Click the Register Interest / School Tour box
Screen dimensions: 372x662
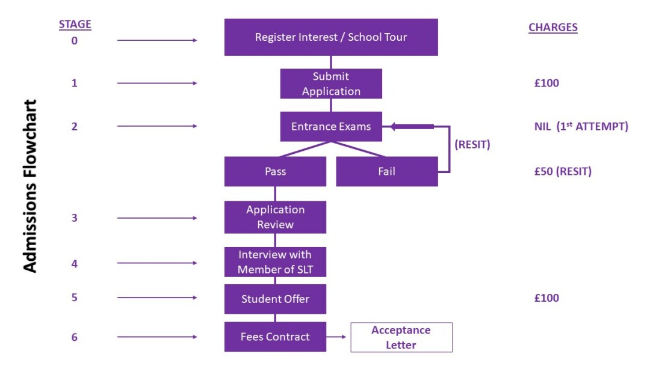pos(331,37)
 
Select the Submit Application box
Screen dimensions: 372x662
pos(331,84)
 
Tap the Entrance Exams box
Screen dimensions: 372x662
pos(331,127)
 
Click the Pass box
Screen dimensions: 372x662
pos(275,171)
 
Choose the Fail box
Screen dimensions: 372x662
pos(386,171)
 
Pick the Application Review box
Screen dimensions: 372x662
pos(275,217)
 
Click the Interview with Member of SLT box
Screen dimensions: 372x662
pos(275,262)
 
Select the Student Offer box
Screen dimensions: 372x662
pos(275,299)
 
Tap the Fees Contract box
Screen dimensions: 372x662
pos(275,337)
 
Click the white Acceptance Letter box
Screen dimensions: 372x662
pos(401,337)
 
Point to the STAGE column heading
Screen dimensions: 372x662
pos(75,25)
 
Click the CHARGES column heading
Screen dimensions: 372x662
pos(552,27)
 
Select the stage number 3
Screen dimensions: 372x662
pos(75,218)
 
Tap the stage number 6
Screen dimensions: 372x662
pos(75,337)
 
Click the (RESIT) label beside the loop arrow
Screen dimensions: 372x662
pos(472,145)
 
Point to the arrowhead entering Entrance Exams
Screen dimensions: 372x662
pos(395,126)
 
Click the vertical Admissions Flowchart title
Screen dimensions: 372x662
pos(30,186)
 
